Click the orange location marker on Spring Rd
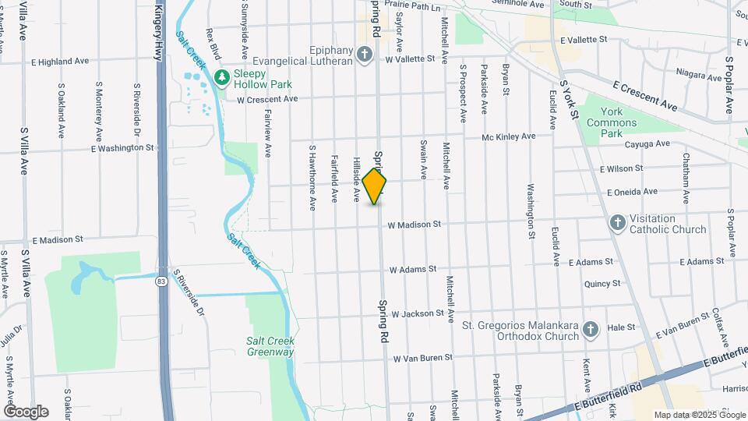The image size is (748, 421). click(x=375, y=186)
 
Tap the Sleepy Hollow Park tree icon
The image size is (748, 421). click(x=223, y=77)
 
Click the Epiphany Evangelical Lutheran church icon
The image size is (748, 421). click(x=364, y=55)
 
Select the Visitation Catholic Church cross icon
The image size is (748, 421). click(x=617, y=224)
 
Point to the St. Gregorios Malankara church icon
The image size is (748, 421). click(x=590, y=330)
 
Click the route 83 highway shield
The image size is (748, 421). click(x=161, y=281)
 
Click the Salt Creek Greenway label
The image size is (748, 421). click(x=270, y=346)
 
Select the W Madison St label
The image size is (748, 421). click(x=414, y=225)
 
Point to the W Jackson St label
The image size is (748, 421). click(x=422, y=314)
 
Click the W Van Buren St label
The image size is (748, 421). click(x=423, y=359)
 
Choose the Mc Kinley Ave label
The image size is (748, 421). click(x=509, y=136)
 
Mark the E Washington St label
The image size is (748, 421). click(x=119, y=147)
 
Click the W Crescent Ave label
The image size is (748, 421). click(x=268, y=99)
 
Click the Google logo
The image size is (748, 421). click(x=26, y=411)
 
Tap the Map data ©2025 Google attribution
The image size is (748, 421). click(x=699, y=415)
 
